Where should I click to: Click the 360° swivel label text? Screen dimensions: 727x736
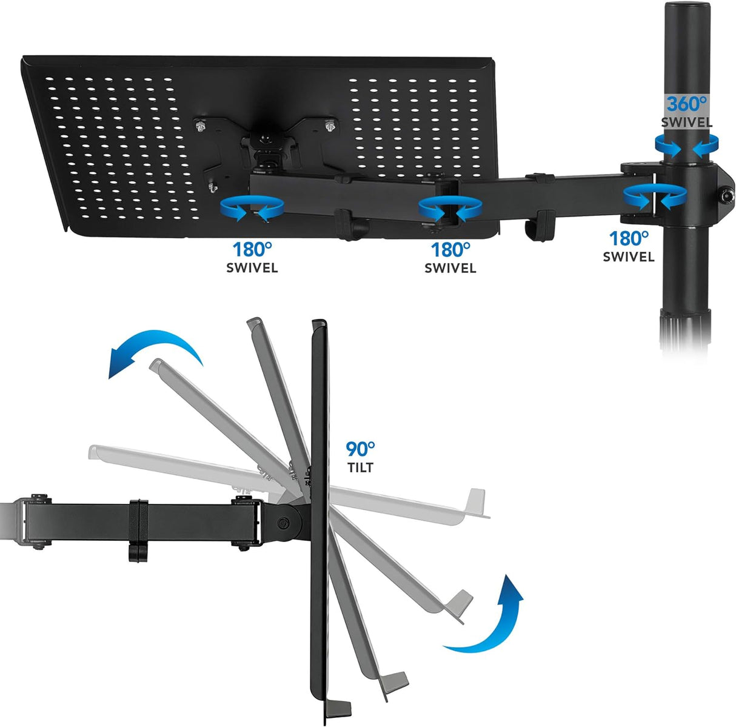pyautogui.click(x=686, y=112)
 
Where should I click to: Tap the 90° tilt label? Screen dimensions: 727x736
pyautogui.click(x=360, y=457)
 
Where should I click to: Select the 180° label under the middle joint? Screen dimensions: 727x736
pyautogui.click(x=450, y=257)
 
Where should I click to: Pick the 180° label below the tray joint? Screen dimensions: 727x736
pyautogui.click(x=252, y=257)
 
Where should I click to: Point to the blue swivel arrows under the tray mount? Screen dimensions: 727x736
pyautogui.click(x=252, y=209)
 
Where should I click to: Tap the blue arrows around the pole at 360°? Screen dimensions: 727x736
pyautogui.click(x=686, y=145)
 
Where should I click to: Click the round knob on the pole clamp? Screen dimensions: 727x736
pyautogui.click(x=724, y=196)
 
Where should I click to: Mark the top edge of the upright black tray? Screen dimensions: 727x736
pyautogui.click(x=319, y=324)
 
